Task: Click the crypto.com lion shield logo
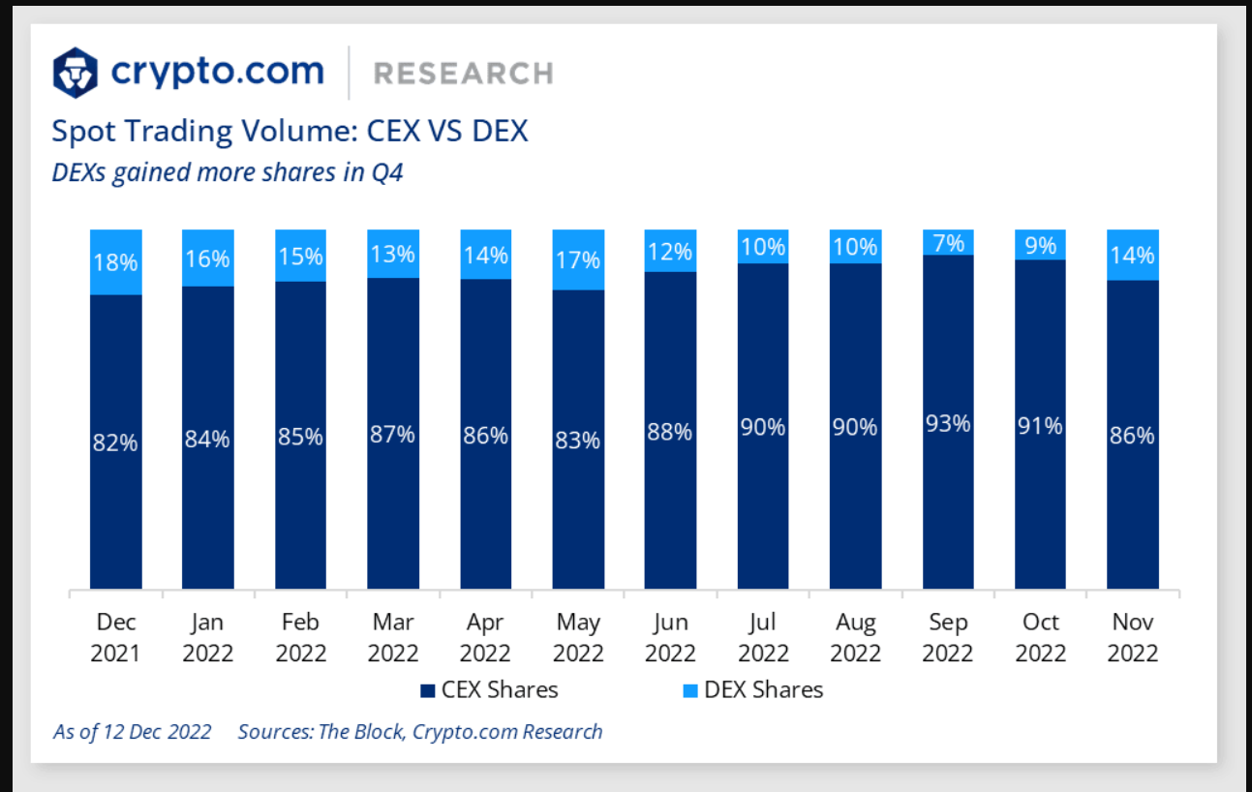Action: [x=76, y=72]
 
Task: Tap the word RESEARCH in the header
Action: [x=463, y=74]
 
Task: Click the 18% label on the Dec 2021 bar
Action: [x=115, y=261]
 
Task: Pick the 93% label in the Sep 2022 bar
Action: [x=948, y=423]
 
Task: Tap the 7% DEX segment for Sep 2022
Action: [x=948, y=243]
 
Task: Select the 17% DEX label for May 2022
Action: [x=578, y=259]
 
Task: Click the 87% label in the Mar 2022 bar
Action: [x=393, y=435]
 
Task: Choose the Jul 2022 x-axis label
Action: [x=763, y=637]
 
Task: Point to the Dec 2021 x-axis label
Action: [x=115, y=637]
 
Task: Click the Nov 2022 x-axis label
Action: [x=1132, y=637]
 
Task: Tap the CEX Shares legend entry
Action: [x=489, y=690]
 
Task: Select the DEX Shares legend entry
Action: [x=752, y=690]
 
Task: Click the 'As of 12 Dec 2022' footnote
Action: [x=133, y=731]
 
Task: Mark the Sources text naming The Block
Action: [x=420, y=731]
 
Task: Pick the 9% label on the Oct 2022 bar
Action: [x=1040, y=246]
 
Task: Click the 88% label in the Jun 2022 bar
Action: [x=670, y=432]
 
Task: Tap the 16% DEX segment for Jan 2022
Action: [x=208, y=259]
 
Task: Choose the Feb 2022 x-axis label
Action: [x=300, y=637]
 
